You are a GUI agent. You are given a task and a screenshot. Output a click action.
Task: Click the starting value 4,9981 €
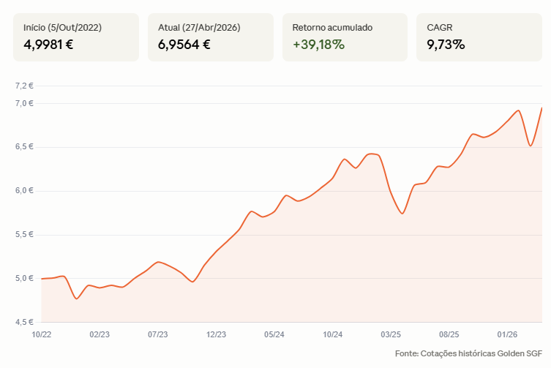48,45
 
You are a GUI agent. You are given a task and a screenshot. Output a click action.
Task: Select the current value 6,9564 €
184,45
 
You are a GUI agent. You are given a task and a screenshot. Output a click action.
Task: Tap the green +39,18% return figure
319,45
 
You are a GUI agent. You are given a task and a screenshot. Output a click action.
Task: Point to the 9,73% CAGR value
446,45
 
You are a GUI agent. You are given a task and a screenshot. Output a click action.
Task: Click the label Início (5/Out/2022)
62,27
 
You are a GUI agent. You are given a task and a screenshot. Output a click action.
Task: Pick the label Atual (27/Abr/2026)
199,27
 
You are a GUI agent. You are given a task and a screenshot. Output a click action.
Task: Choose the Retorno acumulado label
332,27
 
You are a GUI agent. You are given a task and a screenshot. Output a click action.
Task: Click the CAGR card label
440,27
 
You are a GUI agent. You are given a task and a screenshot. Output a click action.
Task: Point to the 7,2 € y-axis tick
24,86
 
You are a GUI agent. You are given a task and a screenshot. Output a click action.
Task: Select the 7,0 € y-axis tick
24,103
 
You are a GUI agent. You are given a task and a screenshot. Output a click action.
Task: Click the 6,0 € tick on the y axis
24,190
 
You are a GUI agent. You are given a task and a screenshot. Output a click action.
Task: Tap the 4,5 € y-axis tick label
24,322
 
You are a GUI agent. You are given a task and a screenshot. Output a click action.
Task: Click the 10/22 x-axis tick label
42,334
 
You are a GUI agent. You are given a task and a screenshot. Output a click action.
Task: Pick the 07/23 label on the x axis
158,334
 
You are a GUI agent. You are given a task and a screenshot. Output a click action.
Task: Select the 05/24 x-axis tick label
274,334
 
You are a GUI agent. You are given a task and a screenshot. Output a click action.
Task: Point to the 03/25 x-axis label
391,334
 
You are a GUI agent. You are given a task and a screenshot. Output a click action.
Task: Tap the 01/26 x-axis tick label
507,334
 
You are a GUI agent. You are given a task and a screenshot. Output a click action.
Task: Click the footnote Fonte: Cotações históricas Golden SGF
468,353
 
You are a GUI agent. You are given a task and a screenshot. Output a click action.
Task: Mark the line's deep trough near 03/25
402,214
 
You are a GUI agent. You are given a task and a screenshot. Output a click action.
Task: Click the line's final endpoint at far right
541,108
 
